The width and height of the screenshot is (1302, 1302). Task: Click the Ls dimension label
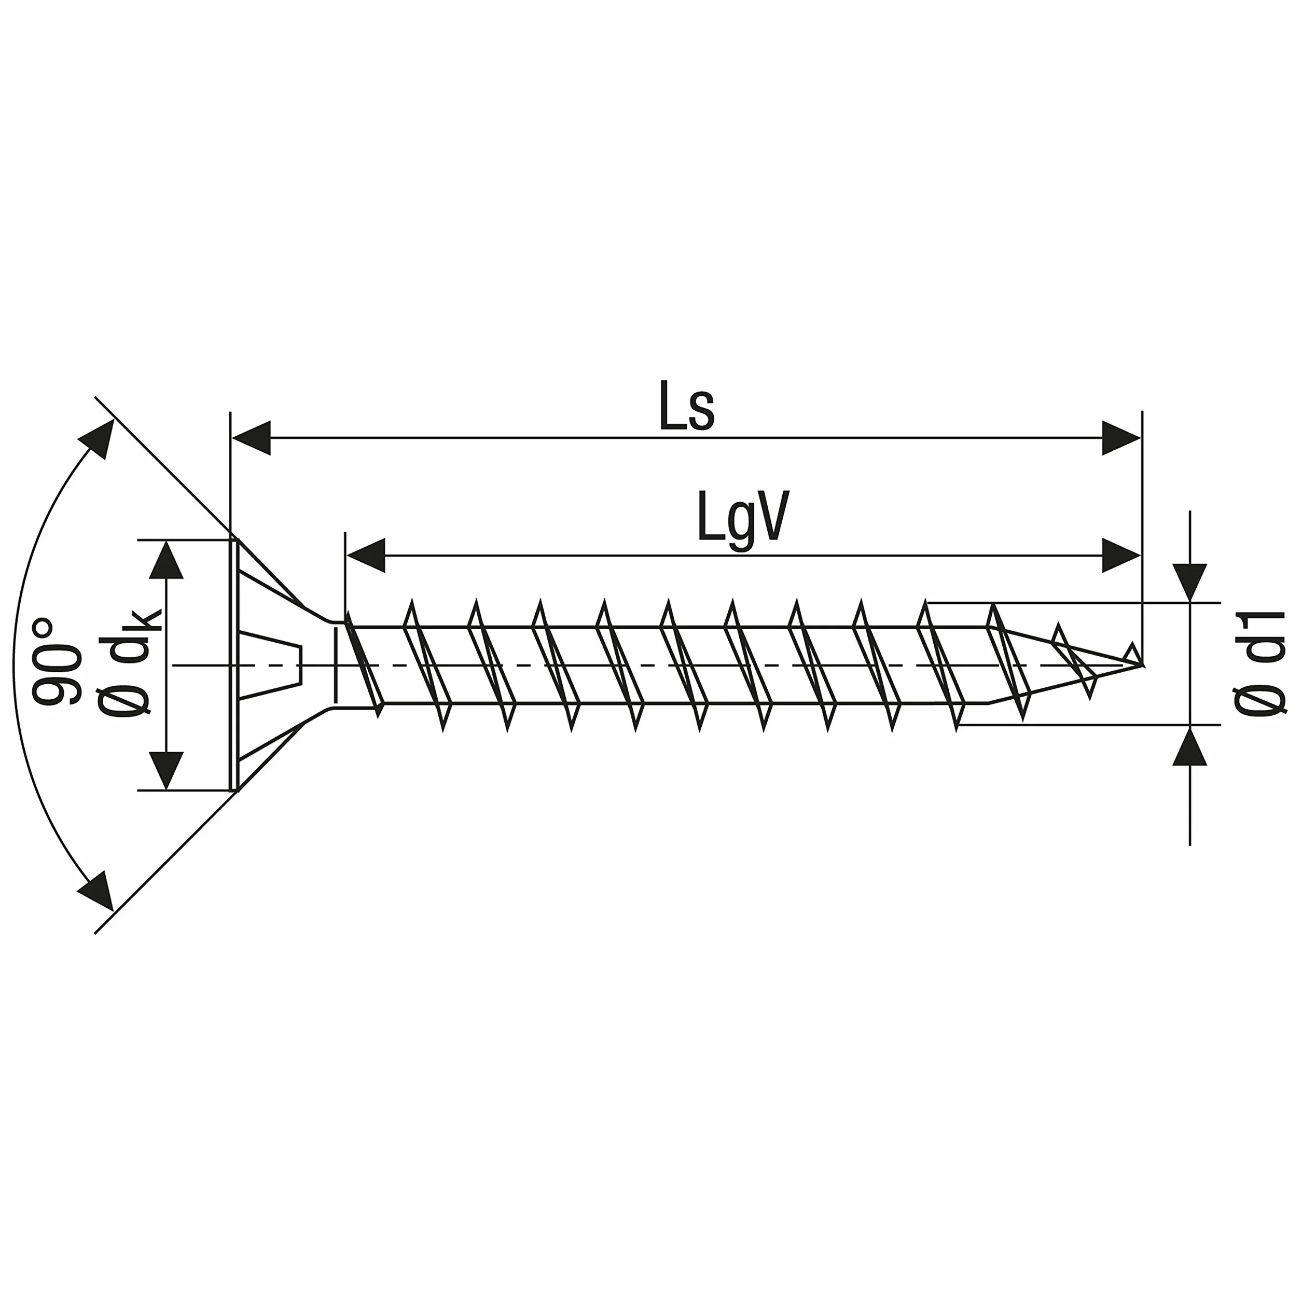click(686, 406)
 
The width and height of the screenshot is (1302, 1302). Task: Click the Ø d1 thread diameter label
click(1259, 664)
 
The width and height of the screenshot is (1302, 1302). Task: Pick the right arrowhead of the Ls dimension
click(1121, 438)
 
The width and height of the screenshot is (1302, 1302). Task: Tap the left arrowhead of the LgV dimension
click(366, 556)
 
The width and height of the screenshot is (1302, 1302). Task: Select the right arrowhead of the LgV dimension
click(1121, 556)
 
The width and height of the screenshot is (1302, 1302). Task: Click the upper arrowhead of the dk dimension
click(166, 560)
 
